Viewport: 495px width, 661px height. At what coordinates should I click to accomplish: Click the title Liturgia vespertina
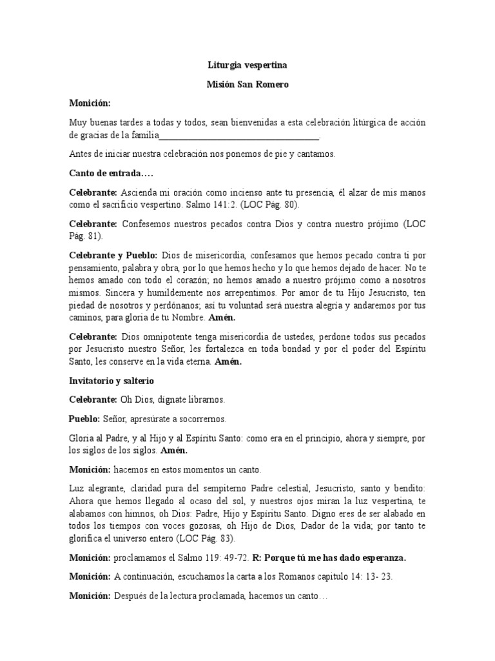(247, 65)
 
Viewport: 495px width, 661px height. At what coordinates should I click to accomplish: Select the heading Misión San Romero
(247, 84)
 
